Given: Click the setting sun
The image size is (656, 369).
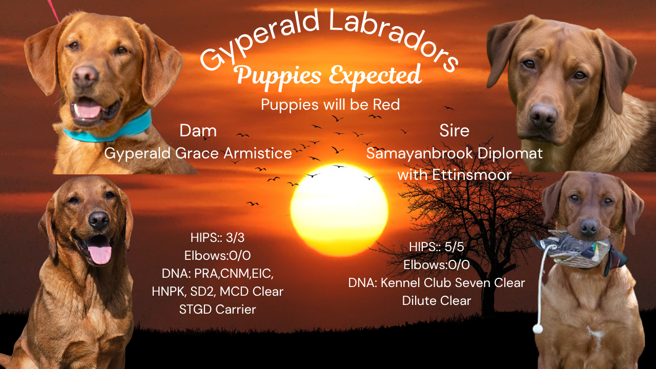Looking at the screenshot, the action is (x=339, y=210).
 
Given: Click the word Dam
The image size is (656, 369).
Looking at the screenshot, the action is (x=198, y=131).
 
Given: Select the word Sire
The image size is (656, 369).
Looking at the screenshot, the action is (x=454, y=131).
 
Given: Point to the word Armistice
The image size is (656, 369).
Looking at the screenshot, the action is (x=258, y=153).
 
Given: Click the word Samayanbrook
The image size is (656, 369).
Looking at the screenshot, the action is (x=419, y=153).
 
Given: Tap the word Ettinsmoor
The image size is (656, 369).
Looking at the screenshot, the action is (x=472, y=175).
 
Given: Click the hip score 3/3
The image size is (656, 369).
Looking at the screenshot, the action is (x=235, y=238).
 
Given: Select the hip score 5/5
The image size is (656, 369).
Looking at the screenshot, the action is (x=454, y=247).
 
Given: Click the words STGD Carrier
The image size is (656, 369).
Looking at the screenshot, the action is (x=218, y=309).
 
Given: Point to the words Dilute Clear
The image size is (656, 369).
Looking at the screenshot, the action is (x=436, y=301).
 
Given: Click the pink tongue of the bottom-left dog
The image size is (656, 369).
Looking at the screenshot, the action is (x=99, y=253).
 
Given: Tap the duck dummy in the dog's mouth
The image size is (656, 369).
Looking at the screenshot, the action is (x=579, y=252).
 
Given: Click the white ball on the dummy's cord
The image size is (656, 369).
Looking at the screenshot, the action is (x=538, y=329).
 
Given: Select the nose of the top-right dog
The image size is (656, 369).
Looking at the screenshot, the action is (x=544, y=115).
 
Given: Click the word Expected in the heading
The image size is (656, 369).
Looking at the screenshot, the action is (x=375, y=75).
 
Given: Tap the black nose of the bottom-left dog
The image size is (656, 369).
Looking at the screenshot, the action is (x=99, y=220).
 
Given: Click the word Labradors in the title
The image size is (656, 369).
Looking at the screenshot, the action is (x=393, y=38).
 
